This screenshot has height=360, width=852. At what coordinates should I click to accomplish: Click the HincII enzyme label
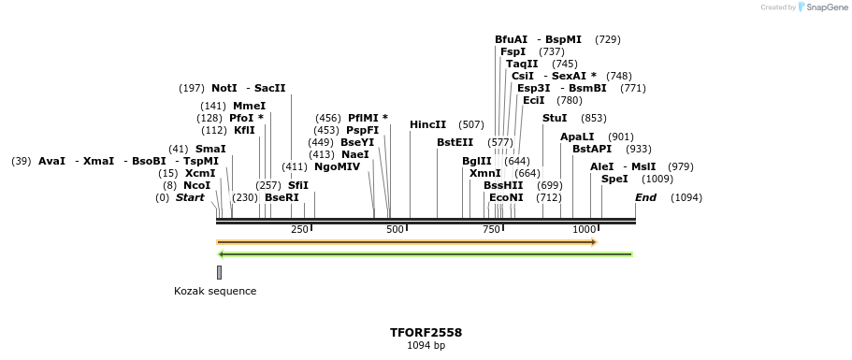tap(427, 124)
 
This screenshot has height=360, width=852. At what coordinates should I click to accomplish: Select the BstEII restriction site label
tap(455, 142)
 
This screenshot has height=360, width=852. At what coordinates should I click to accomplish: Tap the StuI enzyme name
tap(555, 118)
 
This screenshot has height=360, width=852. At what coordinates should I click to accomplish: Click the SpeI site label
tap(614, 179)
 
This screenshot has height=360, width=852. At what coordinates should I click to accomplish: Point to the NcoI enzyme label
tap(196, 185)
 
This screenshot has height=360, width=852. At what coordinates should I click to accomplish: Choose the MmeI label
tap(249, 106)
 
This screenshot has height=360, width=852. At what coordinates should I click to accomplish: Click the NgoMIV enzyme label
tap(337, 166)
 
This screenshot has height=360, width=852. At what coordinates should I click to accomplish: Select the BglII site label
tap(476, 161)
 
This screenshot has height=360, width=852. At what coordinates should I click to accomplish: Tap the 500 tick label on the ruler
tap(395, 229)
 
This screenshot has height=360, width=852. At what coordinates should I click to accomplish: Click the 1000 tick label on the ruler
tap(584, 229)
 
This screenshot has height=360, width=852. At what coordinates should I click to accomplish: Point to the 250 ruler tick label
tap(299, 229)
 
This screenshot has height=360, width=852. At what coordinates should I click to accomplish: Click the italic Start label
tap(190, 197)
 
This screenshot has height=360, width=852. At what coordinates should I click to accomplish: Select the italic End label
tap(645, 197)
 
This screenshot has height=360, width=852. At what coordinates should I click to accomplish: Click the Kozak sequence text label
tap(215, 291)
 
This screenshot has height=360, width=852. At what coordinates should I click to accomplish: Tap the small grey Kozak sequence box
tap(219, 272)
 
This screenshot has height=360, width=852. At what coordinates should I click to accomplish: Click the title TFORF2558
tap(426, 332)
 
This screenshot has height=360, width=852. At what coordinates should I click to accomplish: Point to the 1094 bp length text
tap(426, 345)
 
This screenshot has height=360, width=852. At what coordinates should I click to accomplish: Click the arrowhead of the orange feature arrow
tap(593, 242)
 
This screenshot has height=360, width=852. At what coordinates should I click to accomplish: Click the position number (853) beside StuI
tap(593, 118)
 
